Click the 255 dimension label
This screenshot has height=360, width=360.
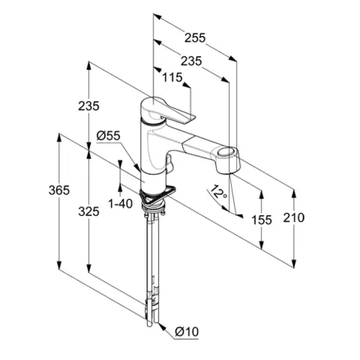(195, 38)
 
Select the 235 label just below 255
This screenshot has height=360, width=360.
(192, 61)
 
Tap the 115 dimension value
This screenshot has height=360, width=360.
(172, 78)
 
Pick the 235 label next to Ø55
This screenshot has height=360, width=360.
(89, 106)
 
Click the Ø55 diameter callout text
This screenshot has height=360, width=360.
(108, 136)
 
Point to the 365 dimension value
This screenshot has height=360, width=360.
(59, 190)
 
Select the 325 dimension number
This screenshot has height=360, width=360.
(89, 212)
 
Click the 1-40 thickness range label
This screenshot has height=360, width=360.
(120, 204)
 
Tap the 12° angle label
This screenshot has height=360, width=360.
(218, 192)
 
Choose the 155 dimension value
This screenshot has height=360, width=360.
(261, 220)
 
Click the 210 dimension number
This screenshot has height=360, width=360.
(294, 217)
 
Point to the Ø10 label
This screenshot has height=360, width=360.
(186, 332)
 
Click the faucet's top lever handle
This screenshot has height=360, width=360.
(168, 110)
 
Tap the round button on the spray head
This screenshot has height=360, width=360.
(226, 152)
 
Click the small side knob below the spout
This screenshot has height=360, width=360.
(169, 163)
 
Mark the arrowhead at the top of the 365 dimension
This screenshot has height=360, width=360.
(59, 138)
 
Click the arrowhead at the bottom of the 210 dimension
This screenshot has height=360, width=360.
(294, 263)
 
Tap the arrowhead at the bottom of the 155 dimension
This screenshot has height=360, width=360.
(261, 244)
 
